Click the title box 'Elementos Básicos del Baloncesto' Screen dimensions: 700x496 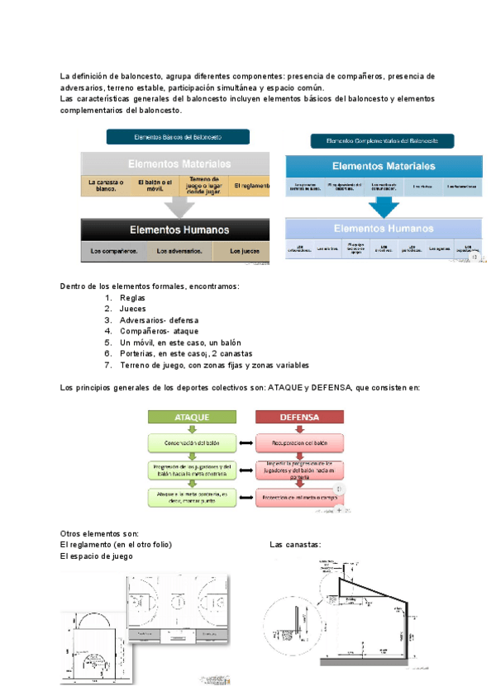178,137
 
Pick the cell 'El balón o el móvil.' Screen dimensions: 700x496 155,184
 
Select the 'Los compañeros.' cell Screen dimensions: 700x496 114,251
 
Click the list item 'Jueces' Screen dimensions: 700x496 133,309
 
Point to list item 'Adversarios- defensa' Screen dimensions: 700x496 159,320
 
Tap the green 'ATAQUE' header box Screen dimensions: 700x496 191,418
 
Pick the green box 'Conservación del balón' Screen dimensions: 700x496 192,443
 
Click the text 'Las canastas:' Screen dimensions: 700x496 295,545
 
